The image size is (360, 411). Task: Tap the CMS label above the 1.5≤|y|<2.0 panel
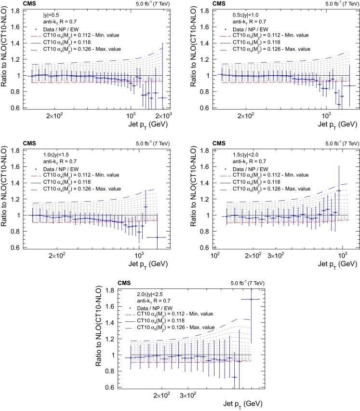point(219,143)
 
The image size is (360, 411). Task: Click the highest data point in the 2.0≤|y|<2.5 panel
point(251,299)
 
